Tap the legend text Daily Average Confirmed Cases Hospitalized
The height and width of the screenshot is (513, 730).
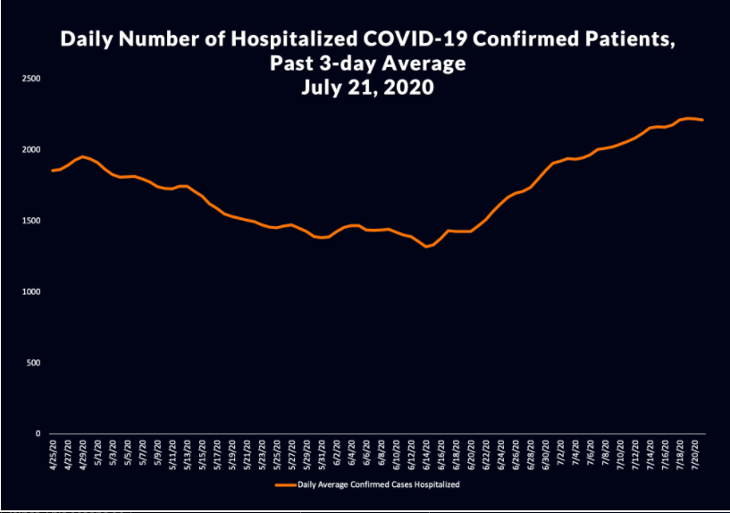(x=380, y=484)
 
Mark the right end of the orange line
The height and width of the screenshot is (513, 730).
(x=703, y=120)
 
